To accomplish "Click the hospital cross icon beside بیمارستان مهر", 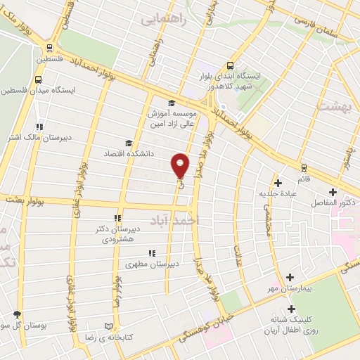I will click(x=290, y=277).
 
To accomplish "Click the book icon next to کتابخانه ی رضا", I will click(x=108, y=326).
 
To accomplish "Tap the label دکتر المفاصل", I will click(x=334, y=202).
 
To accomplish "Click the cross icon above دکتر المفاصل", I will click(x=333, y=191).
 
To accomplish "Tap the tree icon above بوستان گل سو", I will click(x=18, y=314).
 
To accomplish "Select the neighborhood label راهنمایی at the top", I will click(x=164, y=20).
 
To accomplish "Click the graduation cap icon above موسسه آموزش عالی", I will click(x=172, y=103).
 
